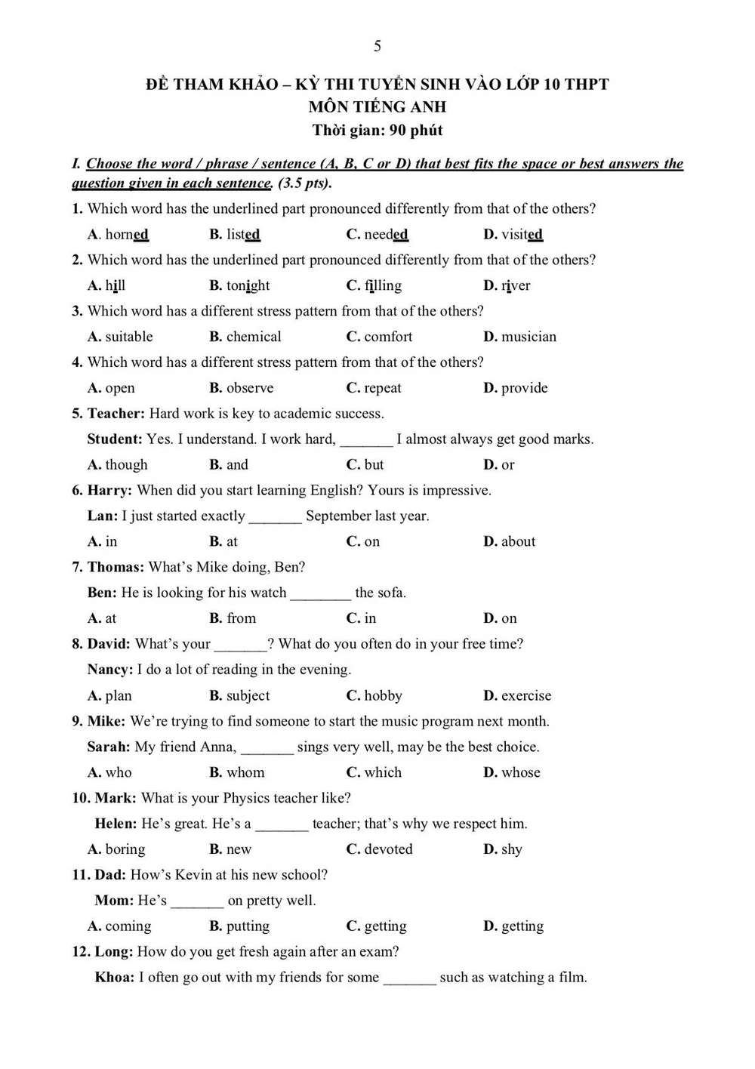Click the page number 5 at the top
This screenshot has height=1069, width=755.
coord(377,46)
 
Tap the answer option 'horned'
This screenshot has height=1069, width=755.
coord(126,235)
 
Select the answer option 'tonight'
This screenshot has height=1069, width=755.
coord(248,286)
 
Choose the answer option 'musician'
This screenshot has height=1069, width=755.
coord(528,337)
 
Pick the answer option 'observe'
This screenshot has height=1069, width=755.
coord(250,388)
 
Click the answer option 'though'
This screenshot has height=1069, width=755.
coord(126,465)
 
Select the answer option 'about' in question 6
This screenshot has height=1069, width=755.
coord(518,541)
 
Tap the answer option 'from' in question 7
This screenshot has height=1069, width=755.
coord(241,618)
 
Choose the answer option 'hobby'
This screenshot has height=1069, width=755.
coord(383,695)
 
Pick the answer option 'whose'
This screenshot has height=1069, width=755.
coord(521,772)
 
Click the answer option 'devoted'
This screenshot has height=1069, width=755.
coord(388,849)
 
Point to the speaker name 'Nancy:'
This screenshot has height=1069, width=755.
coord(110,670)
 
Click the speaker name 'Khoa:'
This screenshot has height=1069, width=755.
coord(115,978)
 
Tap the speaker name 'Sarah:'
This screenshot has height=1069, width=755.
coord(109,747)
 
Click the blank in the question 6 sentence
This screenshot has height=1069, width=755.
coord(275,517)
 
